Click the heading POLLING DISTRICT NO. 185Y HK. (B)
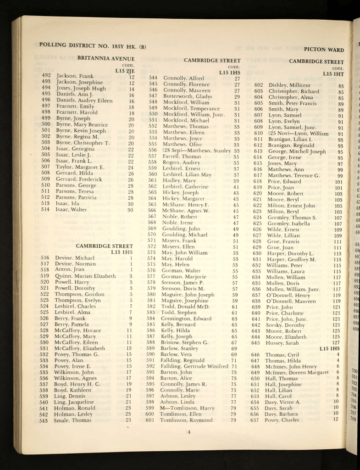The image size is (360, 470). pos(93,45)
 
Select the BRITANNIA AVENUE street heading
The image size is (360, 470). pos(106,58)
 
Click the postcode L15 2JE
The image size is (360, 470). pos(125,71)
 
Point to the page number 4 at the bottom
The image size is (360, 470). pos(188,432)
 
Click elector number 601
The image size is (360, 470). pos(150,420)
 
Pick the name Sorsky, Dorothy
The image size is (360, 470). pos(284,325)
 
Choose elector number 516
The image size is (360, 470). pos(44,258)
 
